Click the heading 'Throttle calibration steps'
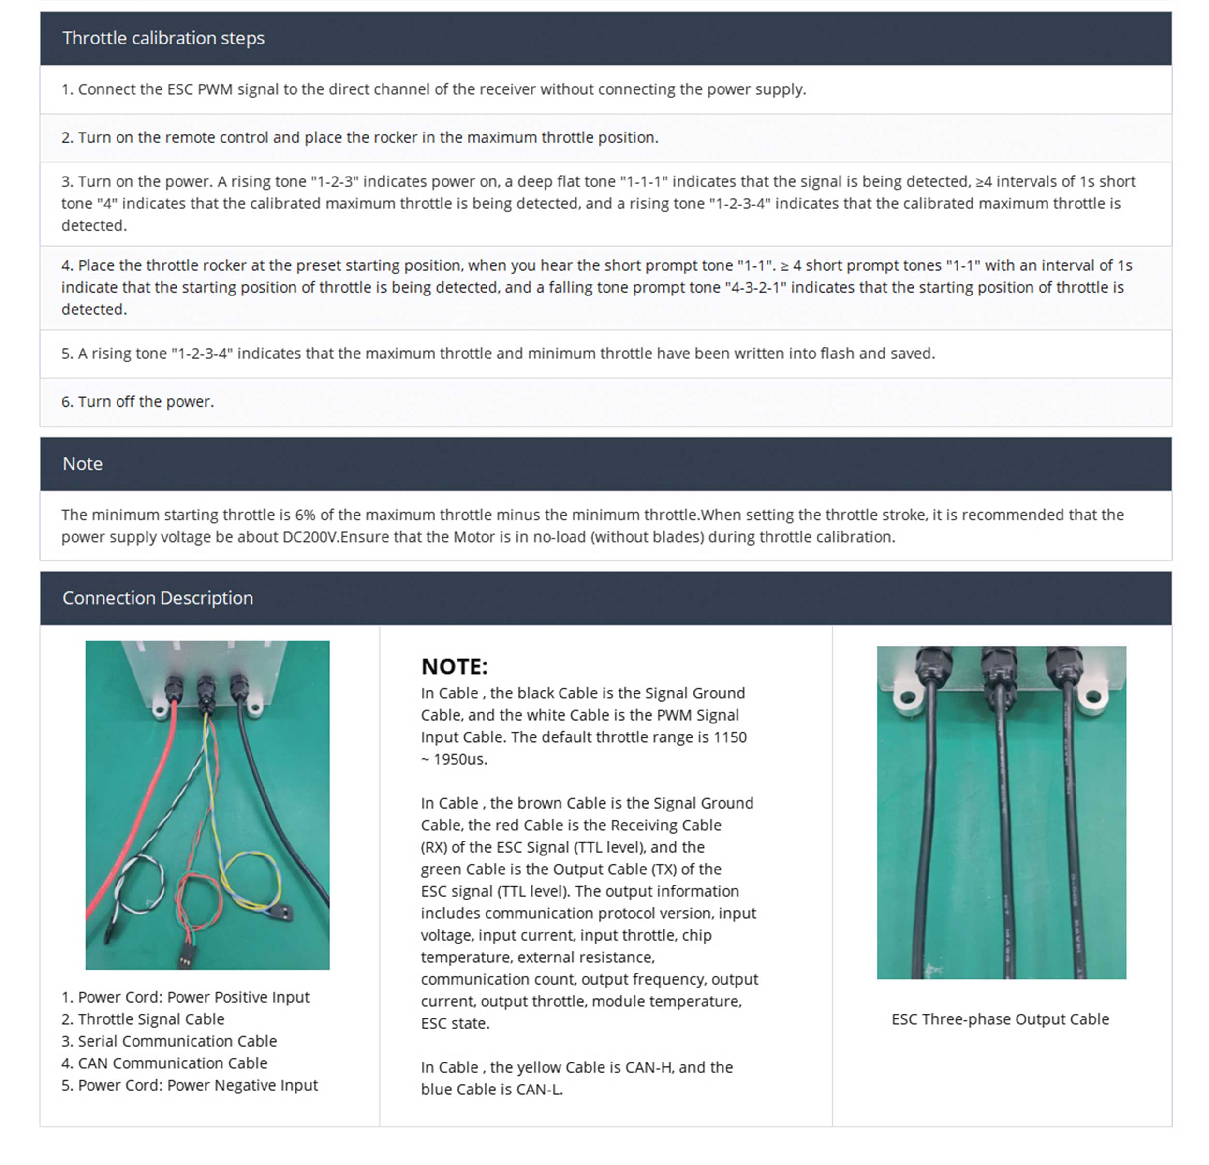point(163,38)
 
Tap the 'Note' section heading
point(83,464)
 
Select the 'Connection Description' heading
point(158,598)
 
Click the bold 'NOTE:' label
point(455,666)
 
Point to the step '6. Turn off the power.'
point(137,401)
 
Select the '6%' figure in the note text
point(305,515)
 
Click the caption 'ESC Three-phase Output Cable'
point(1001,1019)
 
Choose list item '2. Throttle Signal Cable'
point(143,1019)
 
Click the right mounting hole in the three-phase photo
point(1093,697)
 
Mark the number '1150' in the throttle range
point(730,737)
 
